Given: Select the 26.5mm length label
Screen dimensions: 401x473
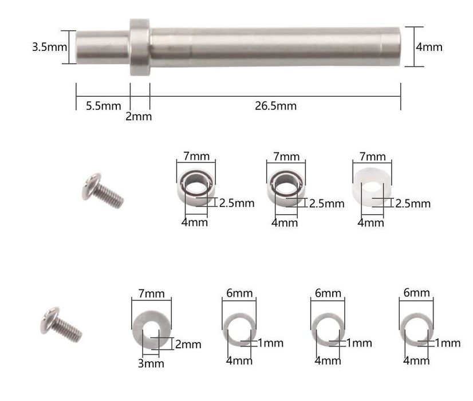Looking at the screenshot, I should pyautogui.click(x=275, y=105).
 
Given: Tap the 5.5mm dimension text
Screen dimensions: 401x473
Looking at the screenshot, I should pyautogui.click(x=104, y=105).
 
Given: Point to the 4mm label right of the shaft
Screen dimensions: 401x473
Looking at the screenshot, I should pyautogui.click(x=429, y=47).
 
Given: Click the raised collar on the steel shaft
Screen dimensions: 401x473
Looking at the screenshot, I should pyautogui.click(x=139, y=47).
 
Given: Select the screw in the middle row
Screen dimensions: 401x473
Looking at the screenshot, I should pyautogui.click(x=103, y=190).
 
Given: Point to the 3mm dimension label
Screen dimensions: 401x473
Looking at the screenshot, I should pyautogui.click(x=151, y=363).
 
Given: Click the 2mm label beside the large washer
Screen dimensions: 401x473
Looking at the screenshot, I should pyautogui.click(x=188, y=344).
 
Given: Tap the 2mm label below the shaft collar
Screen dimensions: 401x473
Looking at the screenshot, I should pyautogui.click(x=139, y=117).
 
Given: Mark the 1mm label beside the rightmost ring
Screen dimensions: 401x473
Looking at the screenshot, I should pyautogui.click(x=447, y=343).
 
